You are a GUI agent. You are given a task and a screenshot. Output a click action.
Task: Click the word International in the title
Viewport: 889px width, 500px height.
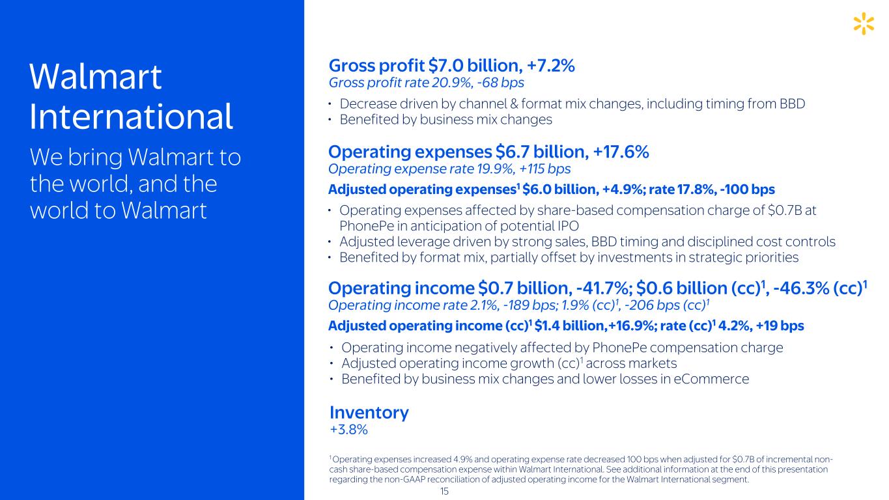click(131, 117)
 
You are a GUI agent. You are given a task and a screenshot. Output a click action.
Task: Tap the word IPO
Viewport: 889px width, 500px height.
click(567, 226)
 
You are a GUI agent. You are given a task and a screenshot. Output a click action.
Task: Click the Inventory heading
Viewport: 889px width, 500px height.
click(369, 412)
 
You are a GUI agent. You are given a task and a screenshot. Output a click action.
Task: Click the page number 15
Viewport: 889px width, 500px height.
click(444, 492)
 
